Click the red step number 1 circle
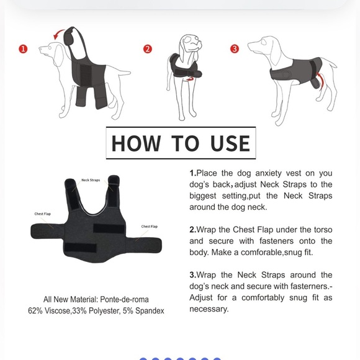23,49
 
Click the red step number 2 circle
148,49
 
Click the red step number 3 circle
235,49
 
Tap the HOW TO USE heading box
180,143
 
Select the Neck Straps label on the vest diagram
91,180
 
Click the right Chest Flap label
150,227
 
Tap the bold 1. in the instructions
193,173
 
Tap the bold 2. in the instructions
193,230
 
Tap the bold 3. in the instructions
193,275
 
